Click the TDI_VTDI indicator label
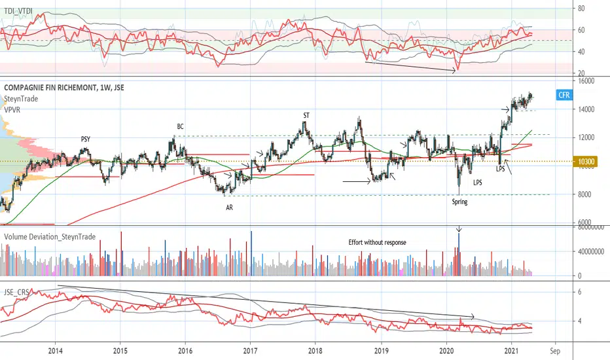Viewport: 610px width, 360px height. [x=18, y=11]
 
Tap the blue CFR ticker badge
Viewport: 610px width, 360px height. [x=564, y=95]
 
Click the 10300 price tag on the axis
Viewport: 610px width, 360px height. [x=585, y=162]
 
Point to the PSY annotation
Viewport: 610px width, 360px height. [x=86, y=139]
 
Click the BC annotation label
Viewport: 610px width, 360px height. [x=180, y=126]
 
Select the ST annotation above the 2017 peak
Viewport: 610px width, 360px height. [x=306, y=115]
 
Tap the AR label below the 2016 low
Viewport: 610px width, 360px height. [x=230, y=207]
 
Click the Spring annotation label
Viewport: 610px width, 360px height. [x=460, y=202]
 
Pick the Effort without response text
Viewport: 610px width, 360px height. [x=378, y=242]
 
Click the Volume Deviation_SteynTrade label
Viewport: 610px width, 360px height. [x=50, y=237]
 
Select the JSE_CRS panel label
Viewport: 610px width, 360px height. [x=17, y=293]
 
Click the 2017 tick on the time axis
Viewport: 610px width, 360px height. [x=250, y=351]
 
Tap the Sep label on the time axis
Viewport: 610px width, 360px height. [x=555, y=351]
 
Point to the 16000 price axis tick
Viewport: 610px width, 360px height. [x=586, y=81]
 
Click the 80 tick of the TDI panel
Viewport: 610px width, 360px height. [x=581, y=8]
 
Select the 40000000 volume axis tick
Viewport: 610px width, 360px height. [x=590, y=251]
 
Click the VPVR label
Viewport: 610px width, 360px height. [x=12, y=110]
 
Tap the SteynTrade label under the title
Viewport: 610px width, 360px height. [x=21, y=99]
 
